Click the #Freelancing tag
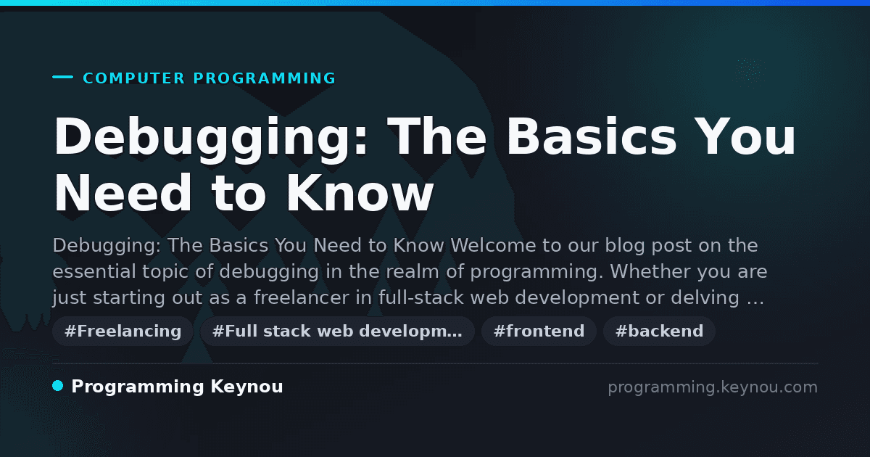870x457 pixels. coord(123,331)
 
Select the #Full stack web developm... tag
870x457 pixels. coord(337,331)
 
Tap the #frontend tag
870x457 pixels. coord(539,331)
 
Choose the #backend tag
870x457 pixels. coord(659,331)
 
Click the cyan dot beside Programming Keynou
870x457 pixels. coord(58,386)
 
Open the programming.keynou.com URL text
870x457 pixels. coord(713,387)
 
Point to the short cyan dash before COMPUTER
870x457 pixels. coord(62,77)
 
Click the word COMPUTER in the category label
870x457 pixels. coord(134,78)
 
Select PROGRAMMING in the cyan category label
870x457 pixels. coord(265,78)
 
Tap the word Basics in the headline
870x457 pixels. coord(592,136)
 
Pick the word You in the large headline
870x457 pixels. coord(745,136)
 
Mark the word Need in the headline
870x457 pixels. coord(123,193)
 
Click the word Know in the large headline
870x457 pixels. coord(360,193)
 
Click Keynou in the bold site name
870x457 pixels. coord(246,387)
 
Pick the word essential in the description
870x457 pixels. coord(94,271)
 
